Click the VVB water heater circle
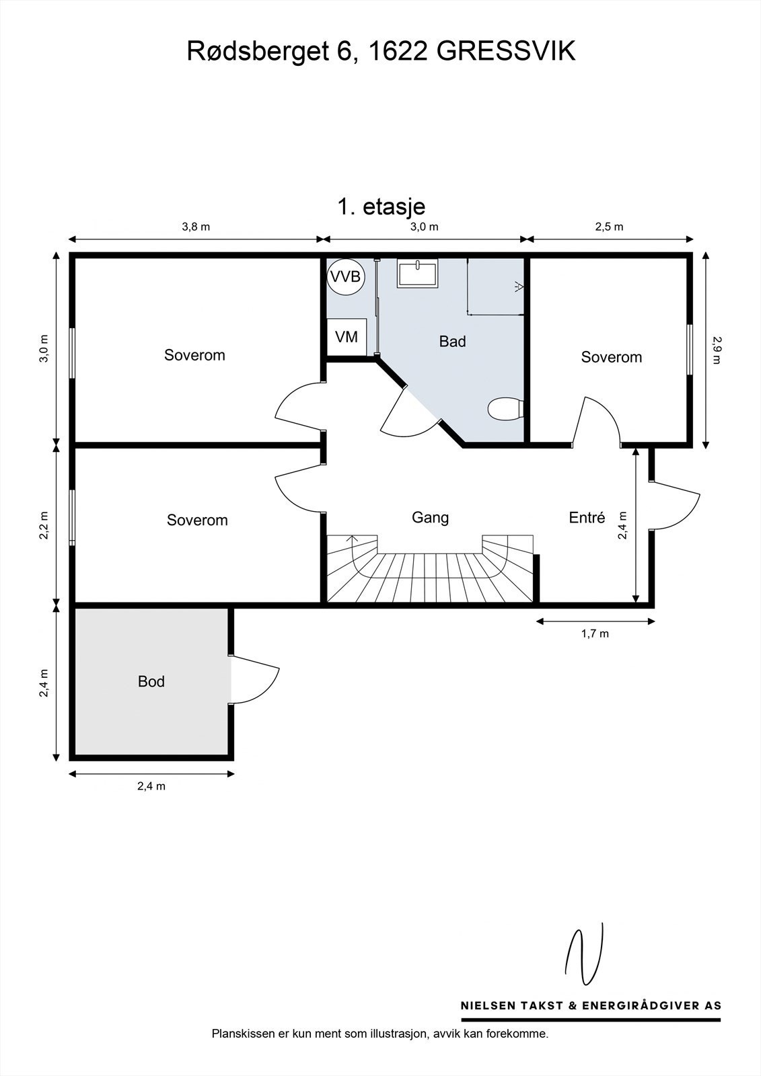[345, 276]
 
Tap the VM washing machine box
[347, 336]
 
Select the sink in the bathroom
[417, 274]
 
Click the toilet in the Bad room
[505, 409]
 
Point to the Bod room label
[151, 681]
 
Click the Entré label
[587, 518]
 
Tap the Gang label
[430, 517]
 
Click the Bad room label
[452, 342]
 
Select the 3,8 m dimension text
[196, 227]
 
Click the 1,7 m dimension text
[595, 633]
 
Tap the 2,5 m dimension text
[609, 227]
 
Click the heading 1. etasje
[381, 206]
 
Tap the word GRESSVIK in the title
[506, 52]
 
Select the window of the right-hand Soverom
[690, 350]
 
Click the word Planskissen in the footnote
[244, 1034]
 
